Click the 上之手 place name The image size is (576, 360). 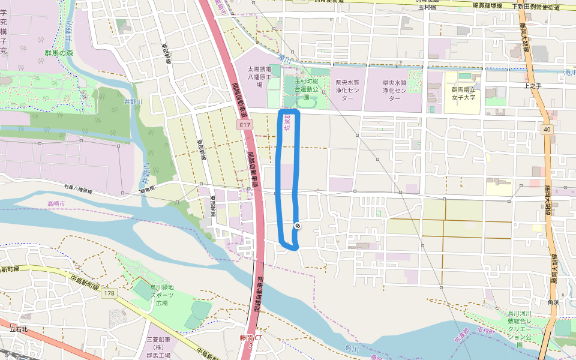[533, 86]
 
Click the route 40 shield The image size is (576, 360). [547, 129]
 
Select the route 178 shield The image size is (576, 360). [109, 293]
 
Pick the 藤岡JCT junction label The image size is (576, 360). [249, 338]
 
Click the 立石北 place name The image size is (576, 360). [19, 329]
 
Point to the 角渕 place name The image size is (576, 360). [553, 302]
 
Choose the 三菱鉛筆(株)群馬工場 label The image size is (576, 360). [158, 347]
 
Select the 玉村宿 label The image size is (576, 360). [425, 7]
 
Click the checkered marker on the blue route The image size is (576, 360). [297, 226]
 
